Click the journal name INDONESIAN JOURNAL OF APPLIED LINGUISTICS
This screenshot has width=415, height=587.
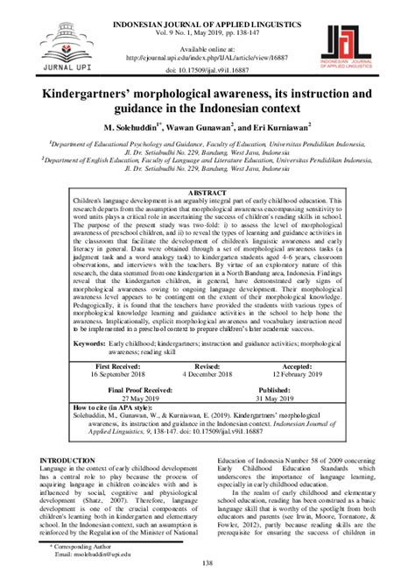[x=208, y=9]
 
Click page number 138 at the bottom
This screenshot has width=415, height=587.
[x=207, y=576]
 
